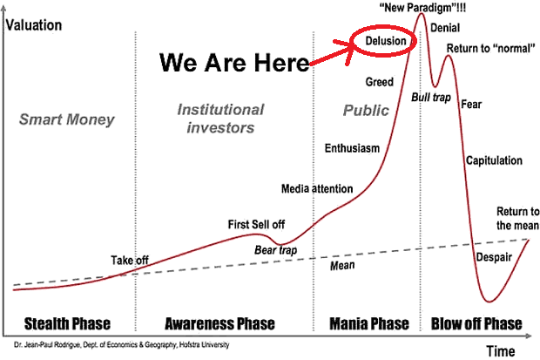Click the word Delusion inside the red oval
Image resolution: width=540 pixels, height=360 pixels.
[x=385, y=41]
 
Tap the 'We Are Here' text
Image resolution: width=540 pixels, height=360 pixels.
[x=234, y=63]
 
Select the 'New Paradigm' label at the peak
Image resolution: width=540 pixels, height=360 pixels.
[x=422, y=7]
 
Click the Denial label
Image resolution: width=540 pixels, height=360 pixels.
[x=445, y=28]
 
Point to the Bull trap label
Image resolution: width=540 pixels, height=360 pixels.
[x=431, y=98]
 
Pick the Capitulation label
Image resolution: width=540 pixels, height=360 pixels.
[x=494, y=160]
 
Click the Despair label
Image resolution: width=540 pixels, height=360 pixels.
[x=494, y=257]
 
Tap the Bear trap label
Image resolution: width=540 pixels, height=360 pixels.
[x=275, y=250]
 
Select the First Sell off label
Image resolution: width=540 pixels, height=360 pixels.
[x=256, y=225]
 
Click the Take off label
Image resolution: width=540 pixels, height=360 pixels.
[x=130, y=260]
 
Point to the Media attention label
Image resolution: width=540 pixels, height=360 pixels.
[x=317, y=188]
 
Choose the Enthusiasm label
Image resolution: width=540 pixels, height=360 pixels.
[x=352, y=148]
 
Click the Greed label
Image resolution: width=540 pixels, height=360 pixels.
[x=379, y=82]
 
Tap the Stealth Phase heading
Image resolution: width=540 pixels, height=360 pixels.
[x=67, y=323]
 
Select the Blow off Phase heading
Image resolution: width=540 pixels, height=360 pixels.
[x=476, y=323]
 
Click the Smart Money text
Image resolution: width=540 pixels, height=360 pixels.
[x=66, y=119]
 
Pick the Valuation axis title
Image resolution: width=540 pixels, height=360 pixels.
[x=34, y=25]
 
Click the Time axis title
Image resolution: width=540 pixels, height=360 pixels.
[x=501, y=351]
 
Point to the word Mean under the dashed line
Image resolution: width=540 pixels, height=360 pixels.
[x=342, y=265]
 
